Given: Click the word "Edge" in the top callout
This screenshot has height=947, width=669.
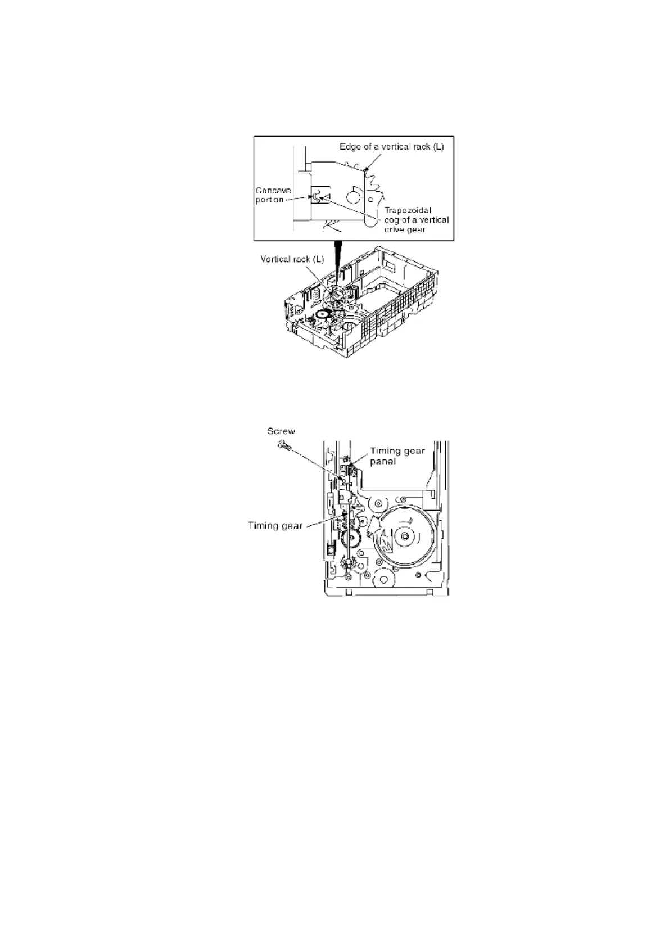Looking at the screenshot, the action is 350,147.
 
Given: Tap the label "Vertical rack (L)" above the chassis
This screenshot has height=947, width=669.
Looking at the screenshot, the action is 292,259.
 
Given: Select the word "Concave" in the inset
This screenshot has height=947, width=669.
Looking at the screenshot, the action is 273,191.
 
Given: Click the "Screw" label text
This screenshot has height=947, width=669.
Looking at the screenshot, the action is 281,431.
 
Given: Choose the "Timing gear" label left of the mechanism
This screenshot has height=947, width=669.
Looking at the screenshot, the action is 275,526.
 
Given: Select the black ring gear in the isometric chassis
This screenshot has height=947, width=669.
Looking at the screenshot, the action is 323,314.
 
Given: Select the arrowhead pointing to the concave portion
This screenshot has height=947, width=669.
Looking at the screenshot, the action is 310,197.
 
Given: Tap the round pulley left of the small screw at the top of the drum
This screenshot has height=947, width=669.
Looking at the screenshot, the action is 379,502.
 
